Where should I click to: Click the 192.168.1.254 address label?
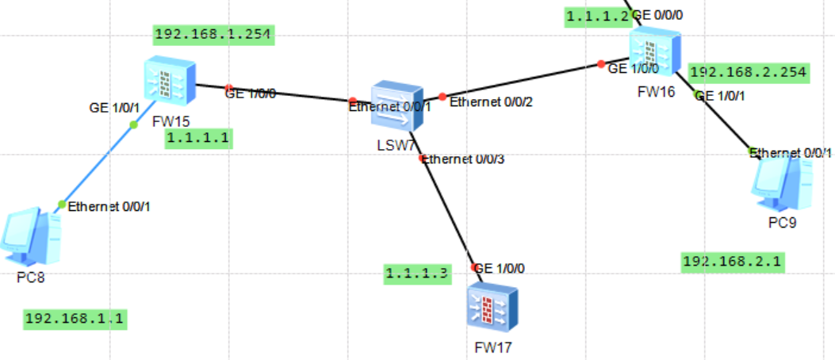[x=213, y=35]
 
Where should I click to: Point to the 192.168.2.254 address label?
[x=749, y=72]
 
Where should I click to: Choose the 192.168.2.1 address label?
[x=733, y=262]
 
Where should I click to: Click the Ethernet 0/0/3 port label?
[x=464, y=159]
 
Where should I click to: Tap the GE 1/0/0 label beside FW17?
[x=499, y=268]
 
